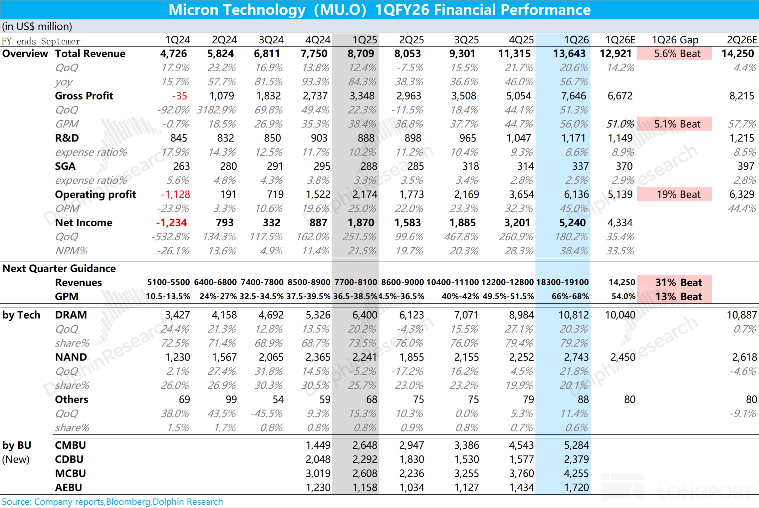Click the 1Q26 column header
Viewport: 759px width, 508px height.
coord(576,40)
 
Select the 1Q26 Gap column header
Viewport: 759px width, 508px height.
coord(675,40)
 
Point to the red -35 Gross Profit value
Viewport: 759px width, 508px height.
coord(179,96)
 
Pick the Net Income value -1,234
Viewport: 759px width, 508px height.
coord(171,223)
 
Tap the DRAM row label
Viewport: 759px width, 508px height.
coord(71,315)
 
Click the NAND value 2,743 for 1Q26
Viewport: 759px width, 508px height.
coord(576,357)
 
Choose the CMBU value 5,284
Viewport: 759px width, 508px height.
coord(576,445)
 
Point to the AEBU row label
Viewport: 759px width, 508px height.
coord(68,488)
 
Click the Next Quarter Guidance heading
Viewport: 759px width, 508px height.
coord(59,268)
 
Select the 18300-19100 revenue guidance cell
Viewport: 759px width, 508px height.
coord(562,283)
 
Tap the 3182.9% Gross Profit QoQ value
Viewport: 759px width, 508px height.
coord(216,110)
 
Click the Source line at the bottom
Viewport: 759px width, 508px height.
coord(112,502)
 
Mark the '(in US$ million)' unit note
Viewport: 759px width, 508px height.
coord(37,26)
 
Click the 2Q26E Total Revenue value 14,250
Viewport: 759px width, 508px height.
coord(737,54)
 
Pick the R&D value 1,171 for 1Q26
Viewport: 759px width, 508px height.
coord(573,138)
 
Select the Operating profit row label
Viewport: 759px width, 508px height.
coord(95,194)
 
